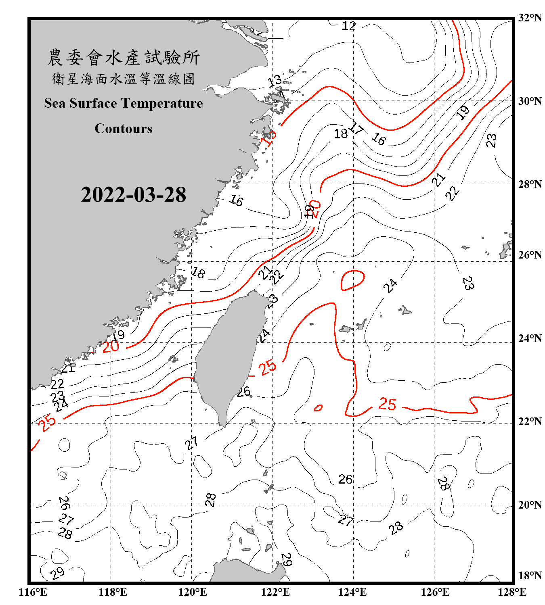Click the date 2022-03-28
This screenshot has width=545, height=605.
pyautogui.click(x=133, y=194)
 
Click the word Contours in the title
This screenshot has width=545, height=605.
pyautogui.click(x=124, y=129)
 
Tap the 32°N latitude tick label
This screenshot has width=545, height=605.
pyautogui.click(x=530, y=18)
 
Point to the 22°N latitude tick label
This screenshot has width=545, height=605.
pyautogui.click(x=530, y=421)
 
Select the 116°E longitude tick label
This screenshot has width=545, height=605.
pyautogui.click(x=33, y=592)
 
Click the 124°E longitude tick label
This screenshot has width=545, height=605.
pyautogui.click(x=352, y=592)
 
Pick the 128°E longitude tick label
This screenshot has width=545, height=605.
pyautogui.click(x=512, y=592)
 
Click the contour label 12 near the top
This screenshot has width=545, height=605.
pyautogui.click(x=349, y=26)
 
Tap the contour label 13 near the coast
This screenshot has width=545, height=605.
pyautogui.click(x=275, y=80)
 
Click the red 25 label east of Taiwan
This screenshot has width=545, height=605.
pyautogui.click(x=267, y=367)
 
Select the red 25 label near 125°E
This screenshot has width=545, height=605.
pyautogui.click(x=387, y=404)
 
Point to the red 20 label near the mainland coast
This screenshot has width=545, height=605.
pyautogui.click(x=110, y=346)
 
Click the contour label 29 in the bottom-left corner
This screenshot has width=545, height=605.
pyautogui.click(x=57, y=573)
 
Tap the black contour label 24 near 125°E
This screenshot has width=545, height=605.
pyautogui.click(x=390, y=286)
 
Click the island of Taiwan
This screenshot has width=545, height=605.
pyautogui.click(x=228, y=355)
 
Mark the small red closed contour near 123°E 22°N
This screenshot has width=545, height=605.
pyautogui.click(x=318, y=408)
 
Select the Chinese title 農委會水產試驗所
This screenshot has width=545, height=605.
pyautogui.click(x=124, y=57)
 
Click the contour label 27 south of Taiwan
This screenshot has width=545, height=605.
pyautogui.click(x=191, y=443)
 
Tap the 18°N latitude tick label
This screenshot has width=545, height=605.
pyautogui.click(x=530, y=576)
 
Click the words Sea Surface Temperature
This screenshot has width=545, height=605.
pyautogui.click(x=124, y=103)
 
